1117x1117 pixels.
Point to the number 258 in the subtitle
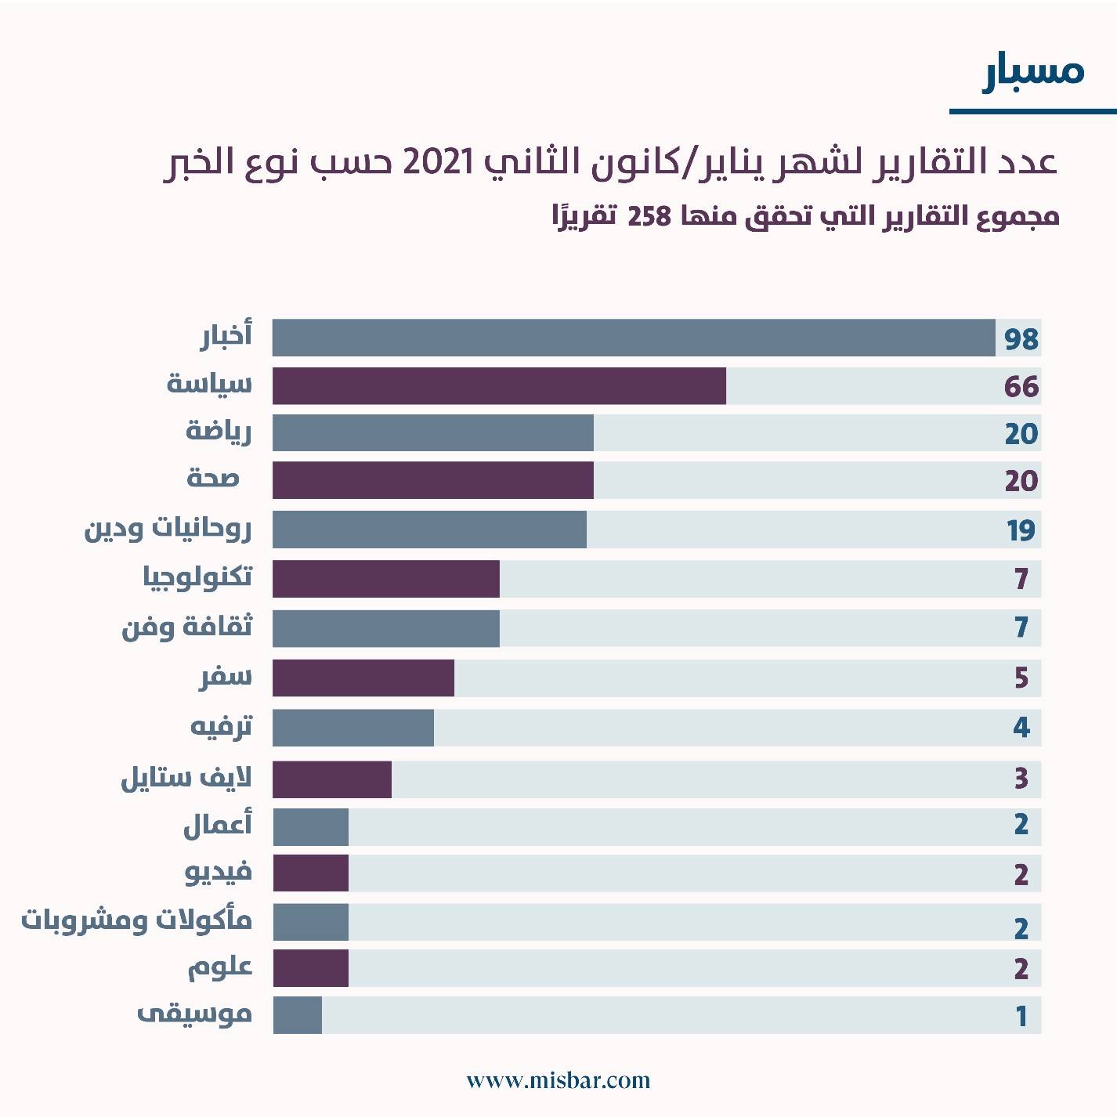[x=649, y=216]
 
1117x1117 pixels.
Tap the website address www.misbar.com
[x=558, y=1081]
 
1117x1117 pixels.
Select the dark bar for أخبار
[x=633, y=338]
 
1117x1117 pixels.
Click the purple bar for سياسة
[x=499, y=386]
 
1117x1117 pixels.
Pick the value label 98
[x=1021, y=339]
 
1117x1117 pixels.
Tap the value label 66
[x=1021, y=387]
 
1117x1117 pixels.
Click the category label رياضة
[x=219, y=432]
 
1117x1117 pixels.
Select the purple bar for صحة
[x=432, y=480]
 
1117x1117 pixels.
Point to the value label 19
[x=1021, y=530]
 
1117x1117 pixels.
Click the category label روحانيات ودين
[x=168, y=530]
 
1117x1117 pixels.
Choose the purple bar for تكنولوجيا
[x=385, y=579]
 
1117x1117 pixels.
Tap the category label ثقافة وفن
[x=187, y=627]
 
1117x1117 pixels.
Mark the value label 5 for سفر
[x=1021, y=678]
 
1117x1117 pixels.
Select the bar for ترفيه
[x=352, y=728]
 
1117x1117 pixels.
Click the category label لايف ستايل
[x=186, y=779]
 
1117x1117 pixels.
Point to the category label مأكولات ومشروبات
[x=136, y=920]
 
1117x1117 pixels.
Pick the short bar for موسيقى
[x=297, y=1015]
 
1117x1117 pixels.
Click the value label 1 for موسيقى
[x=1021, y=1016]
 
